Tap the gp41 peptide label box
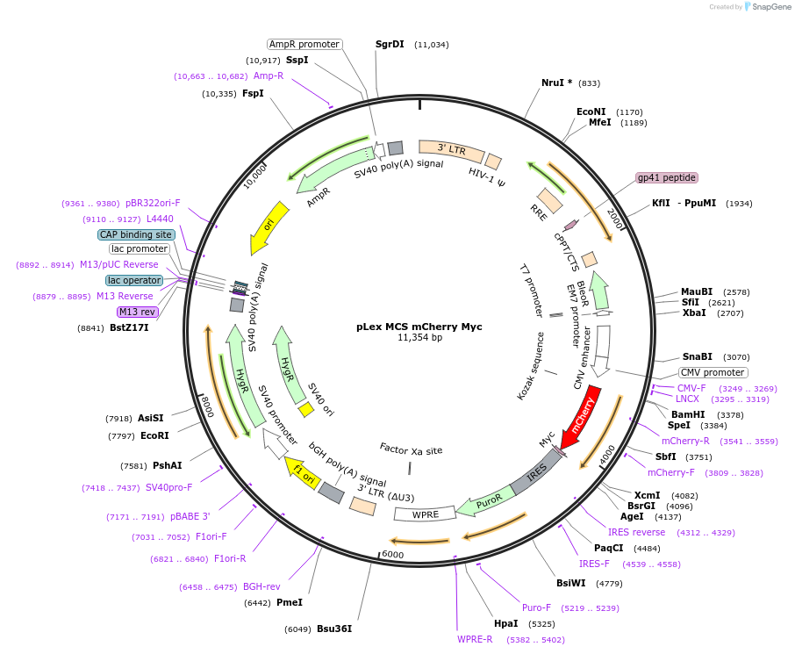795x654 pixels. point(667,177)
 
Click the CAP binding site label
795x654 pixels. point(135,234)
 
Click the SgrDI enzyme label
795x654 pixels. point(390,44)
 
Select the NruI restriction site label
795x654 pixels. point(556,83)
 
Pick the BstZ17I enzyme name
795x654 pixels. point(129,328)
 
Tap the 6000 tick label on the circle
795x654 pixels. point(392,555)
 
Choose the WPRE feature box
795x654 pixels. point(424,514)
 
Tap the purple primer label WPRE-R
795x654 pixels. point(475,639)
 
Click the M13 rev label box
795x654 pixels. point(137,312)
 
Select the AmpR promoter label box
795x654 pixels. point(304,44)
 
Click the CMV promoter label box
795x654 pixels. point(713,372)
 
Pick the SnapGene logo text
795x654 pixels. point(770,7)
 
